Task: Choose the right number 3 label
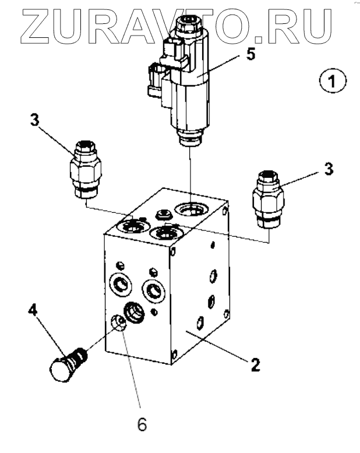coord(329,170)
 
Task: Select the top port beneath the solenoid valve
coord(190,208)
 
